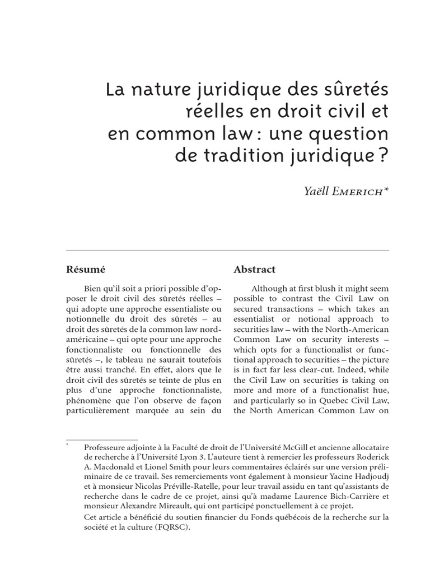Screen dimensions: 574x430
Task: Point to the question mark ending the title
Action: point(384,155)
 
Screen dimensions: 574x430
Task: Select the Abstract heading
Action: point(254,270)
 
